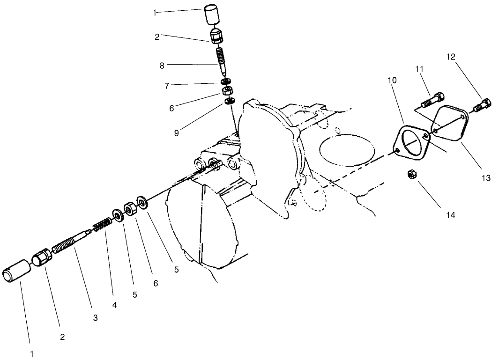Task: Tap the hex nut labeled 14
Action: (411, 175)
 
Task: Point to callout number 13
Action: (485, 178)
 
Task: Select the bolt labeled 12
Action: (483, 105)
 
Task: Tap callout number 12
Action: (450, 57)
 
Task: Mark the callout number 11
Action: (419, 69)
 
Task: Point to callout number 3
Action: (95, 318)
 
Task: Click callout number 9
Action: (176, 133)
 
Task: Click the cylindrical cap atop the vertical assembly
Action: (211, 15)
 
